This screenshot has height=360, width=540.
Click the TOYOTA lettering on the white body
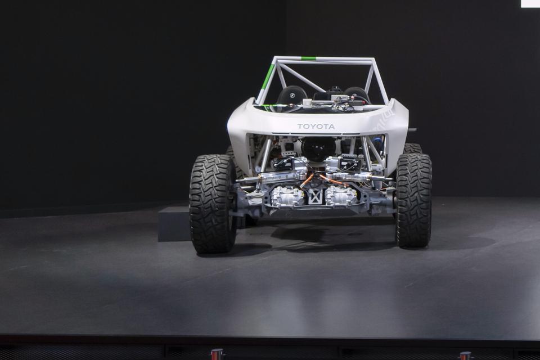[316, 127]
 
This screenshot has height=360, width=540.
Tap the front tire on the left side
[212, 204]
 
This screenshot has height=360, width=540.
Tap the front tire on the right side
[414, 200]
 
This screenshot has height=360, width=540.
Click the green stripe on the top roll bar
[308, 58]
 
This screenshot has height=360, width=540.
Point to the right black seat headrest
[356, 93]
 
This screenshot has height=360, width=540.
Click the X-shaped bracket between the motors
[315, 196]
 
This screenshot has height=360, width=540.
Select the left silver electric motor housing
[287, 197]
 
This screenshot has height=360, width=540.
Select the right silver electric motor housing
[341, 196]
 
